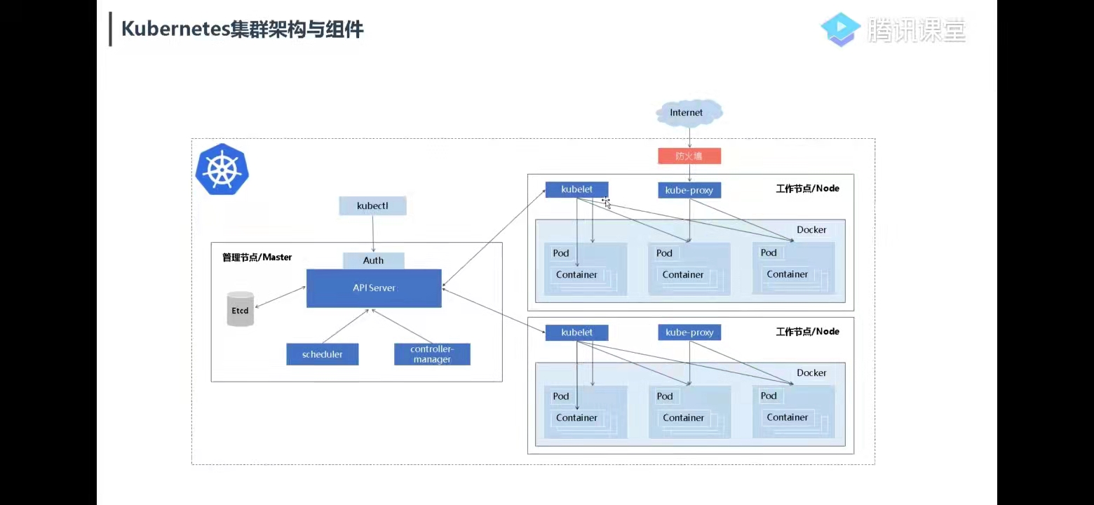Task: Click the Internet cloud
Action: click(689, 113)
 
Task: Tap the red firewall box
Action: click(689, 156)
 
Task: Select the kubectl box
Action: click(372, 206)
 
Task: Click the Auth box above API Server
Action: click(374, 260)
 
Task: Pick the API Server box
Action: click(374, 288)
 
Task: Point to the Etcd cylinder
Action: click(241, 309)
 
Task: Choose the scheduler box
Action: click(323, 354)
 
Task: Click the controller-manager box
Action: click(432, 354)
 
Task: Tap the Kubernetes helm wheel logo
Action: click(222, 170)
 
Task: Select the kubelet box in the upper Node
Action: click(576, 189)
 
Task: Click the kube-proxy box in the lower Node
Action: click(689, 332)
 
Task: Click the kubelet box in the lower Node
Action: click(576, 332)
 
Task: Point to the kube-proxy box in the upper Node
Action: click(689, 190)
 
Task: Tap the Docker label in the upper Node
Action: click(811, 229)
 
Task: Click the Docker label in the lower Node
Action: click(811, 372)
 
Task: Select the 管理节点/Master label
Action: click(257, 257)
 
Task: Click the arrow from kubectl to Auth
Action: click(373, 234)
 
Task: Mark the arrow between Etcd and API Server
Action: click(281, 297)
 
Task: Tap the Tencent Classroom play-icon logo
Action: click(840, 29)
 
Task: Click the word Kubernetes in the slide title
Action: click(175, 29)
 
